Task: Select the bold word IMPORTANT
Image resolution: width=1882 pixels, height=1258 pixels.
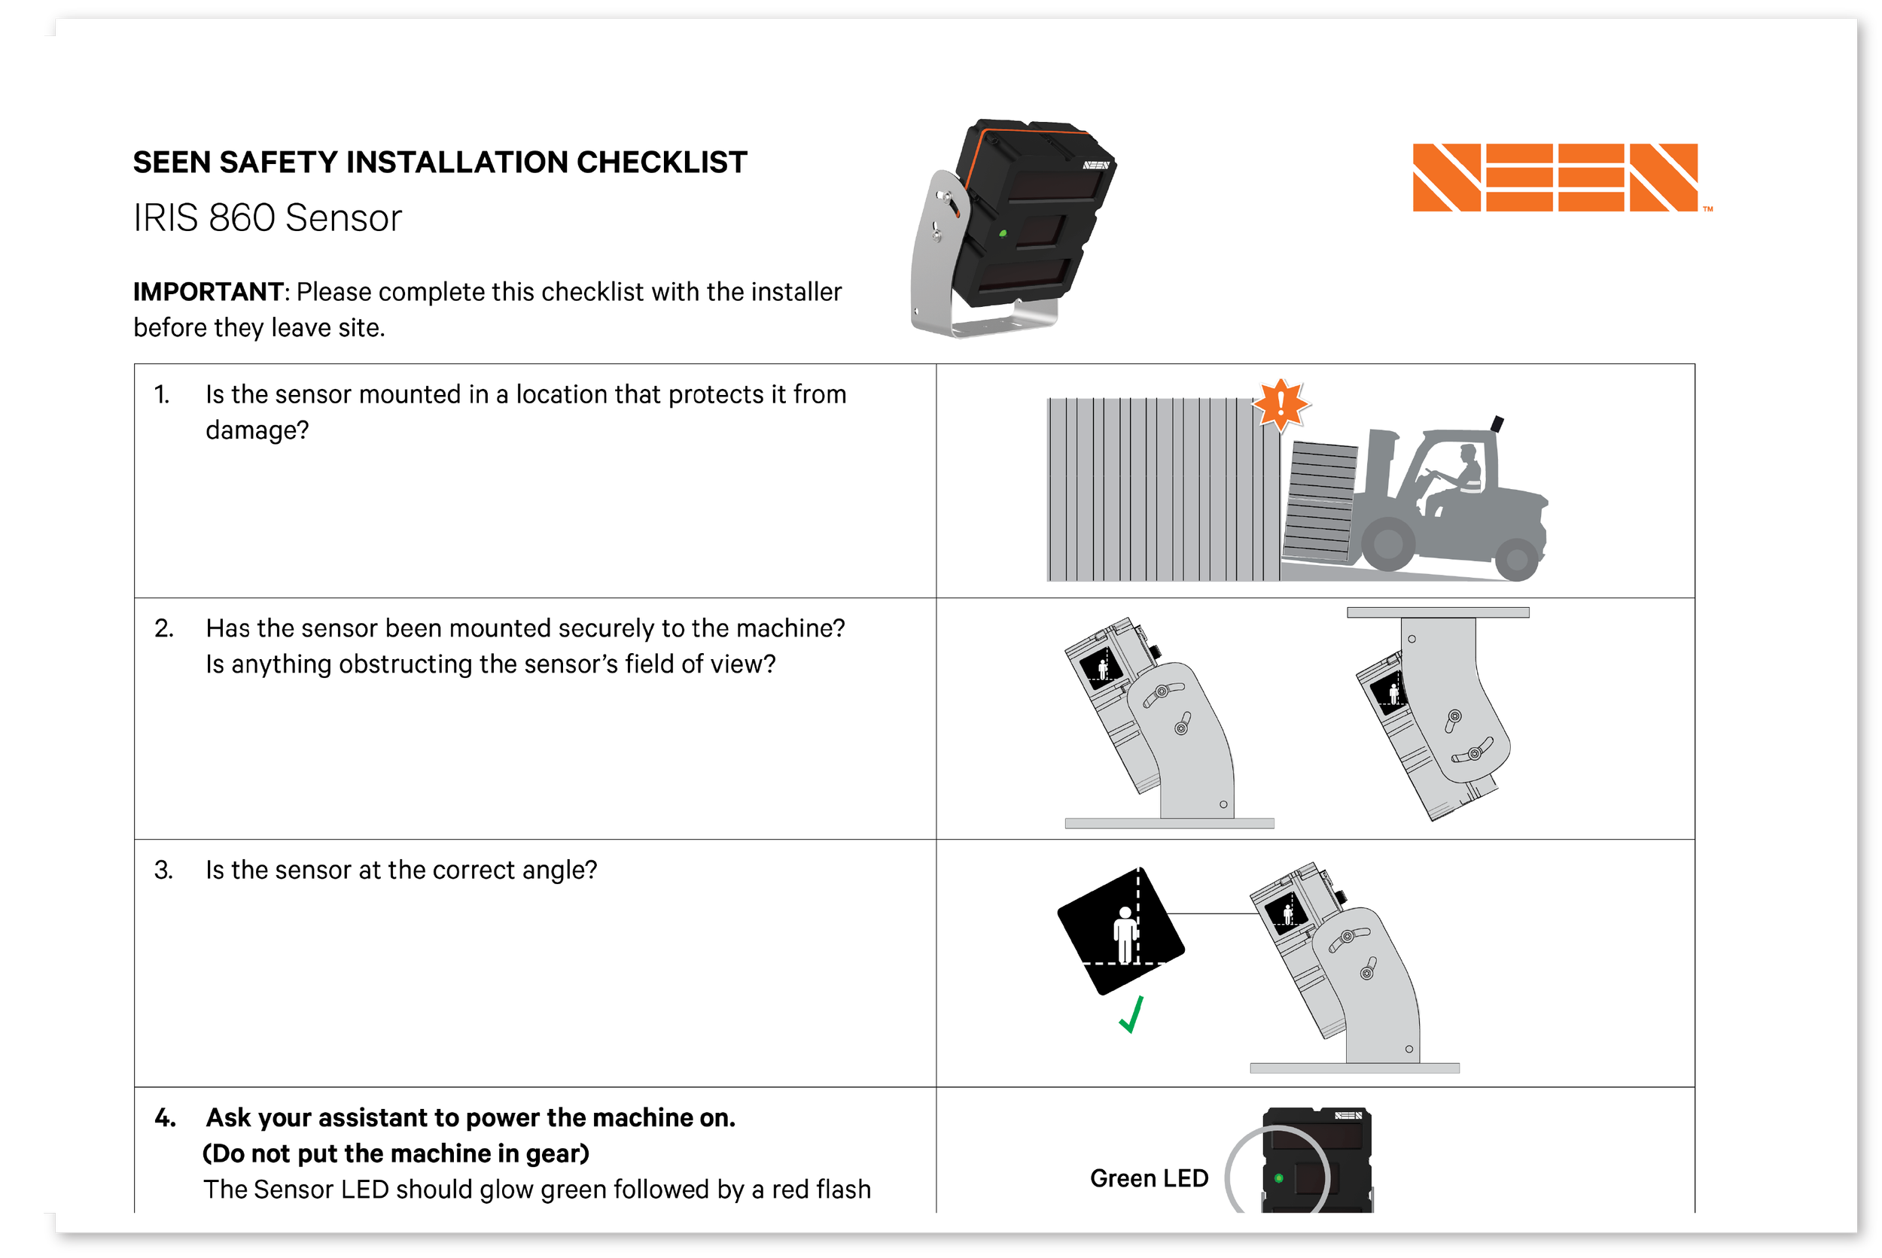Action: (208, 292)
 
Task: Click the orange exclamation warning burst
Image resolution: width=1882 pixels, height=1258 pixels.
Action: (1281, 403)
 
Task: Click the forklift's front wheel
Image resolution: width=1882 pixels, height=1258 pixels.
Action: (1387, 543)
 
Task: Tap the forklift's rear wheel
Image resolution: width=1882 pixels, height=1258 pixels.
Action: (1516, 559)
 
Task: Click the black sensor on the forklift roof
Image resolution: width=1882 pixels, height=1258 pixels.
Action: (1497, 424)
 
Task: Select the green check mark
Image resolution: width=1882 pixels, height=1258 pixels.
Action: (1131, 1015)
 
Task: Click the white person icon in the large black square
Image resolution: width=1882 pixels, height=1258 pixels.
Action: (1125, 934)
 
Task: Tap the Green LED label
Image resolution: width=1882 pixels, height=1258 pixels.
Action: (1149, 1177)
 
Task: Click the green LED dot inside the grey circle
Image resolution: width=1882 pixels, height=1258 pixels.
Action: (1278, 1177)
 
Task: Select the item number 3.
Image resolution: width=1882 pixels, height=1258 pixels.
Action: (163, 871)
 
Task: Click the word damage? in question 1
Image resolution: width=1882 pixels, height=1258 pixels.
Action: (257, 431)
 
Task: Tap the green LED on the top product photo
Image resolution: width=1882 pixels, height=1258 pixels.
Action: (1003, 233)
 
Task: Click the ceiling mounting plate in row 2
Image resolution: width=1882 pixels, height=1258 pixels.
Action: (1437, 612)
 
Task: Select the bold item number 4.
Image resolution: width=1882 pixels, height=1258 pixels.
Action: (165, 1117)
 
